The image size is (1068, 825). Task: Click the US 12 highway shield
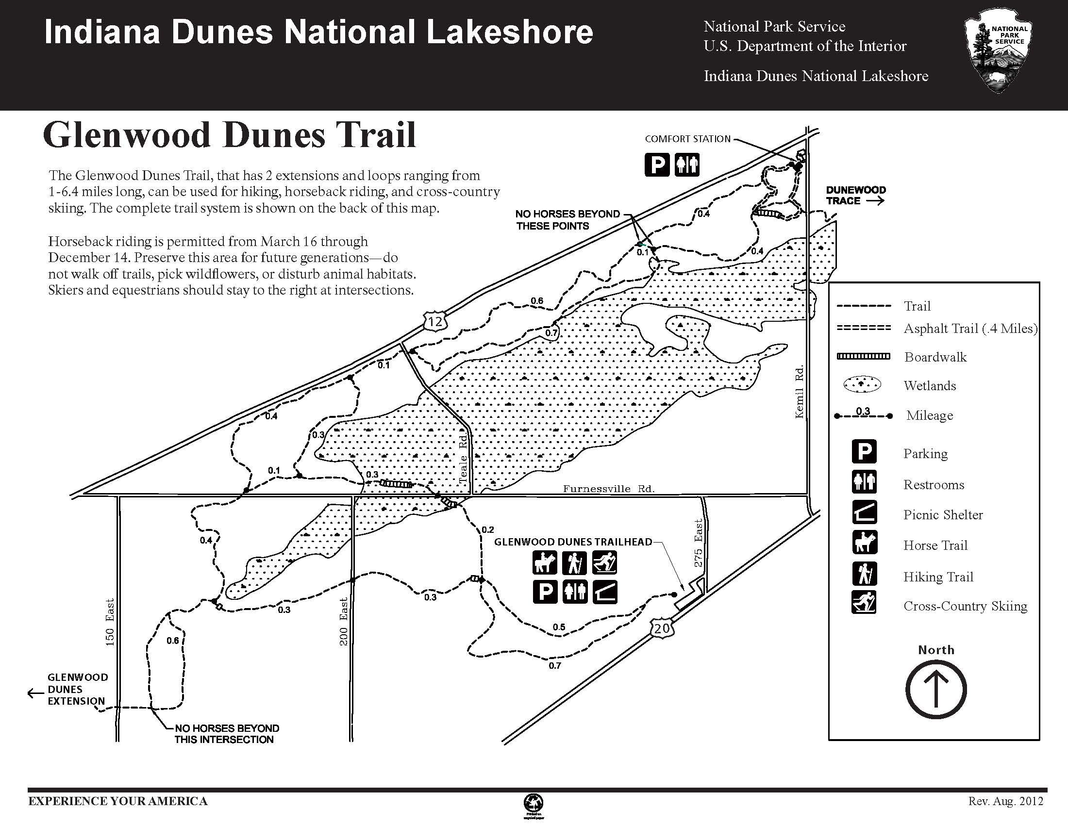[435, 321]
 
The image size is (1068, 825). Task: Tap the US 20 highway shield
[662, 628]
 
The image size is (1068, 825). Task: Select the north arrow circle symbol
[936, 690]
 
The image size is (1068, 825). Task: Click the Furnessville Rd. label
[608, 488]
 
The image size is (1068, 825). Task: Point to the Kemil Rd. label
[799, 392]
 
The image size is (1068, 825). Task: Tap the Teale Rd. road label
[463, 460]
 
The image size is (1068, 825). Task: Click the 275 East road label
[698, 543]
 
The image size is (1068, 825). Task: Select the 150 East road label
[110, 622]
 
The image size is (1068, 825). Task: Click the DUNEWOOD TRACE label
[856, 195]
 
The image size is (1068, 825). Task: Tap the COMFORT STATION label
[687, 139]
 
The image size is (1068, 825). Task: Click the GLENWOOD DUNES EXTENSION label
[77, 689]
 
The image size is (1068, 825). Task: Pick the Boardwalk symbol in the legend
[863, 356]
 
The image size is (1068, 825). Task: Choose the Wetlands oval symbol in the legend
[863, 385]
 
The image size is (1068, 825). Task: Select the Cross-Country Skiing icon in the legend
[864, 602]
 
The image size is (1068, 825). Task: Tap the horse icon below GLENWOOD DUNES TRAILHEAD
[545, 562]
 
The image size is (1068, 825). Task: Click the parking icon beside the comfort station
[656, 164]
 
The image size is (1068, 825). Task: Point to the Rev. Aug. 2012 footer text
[1005, 801]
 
